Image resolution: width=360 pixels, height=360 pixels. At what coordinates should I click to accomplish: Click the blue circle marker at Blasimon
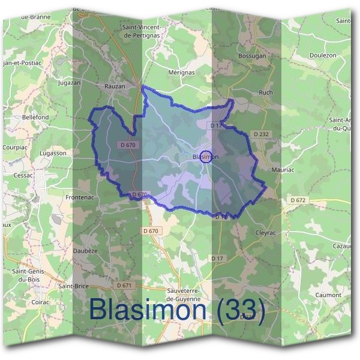(x=206, y=157)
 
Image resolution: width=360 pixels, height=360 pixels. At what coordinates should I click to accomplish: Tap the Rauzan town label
(x=115, y=86)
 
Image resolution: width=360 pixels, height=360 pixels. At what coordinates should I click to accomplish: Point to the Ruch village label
(x=265, y=92)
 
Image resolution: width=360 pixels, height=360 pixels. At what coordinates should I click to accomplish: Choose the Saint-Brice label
(x=73, y=286)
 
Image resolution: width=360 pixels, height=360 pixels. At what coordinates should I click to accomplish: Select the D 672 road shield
(x=298, y=200)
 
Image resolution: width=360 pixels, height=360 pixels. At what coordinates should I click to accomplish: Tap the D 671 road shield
(x=124, y=285)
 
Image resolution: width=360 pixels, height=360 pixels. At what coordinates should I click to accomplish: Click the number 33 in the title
(x=241, y=310)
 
